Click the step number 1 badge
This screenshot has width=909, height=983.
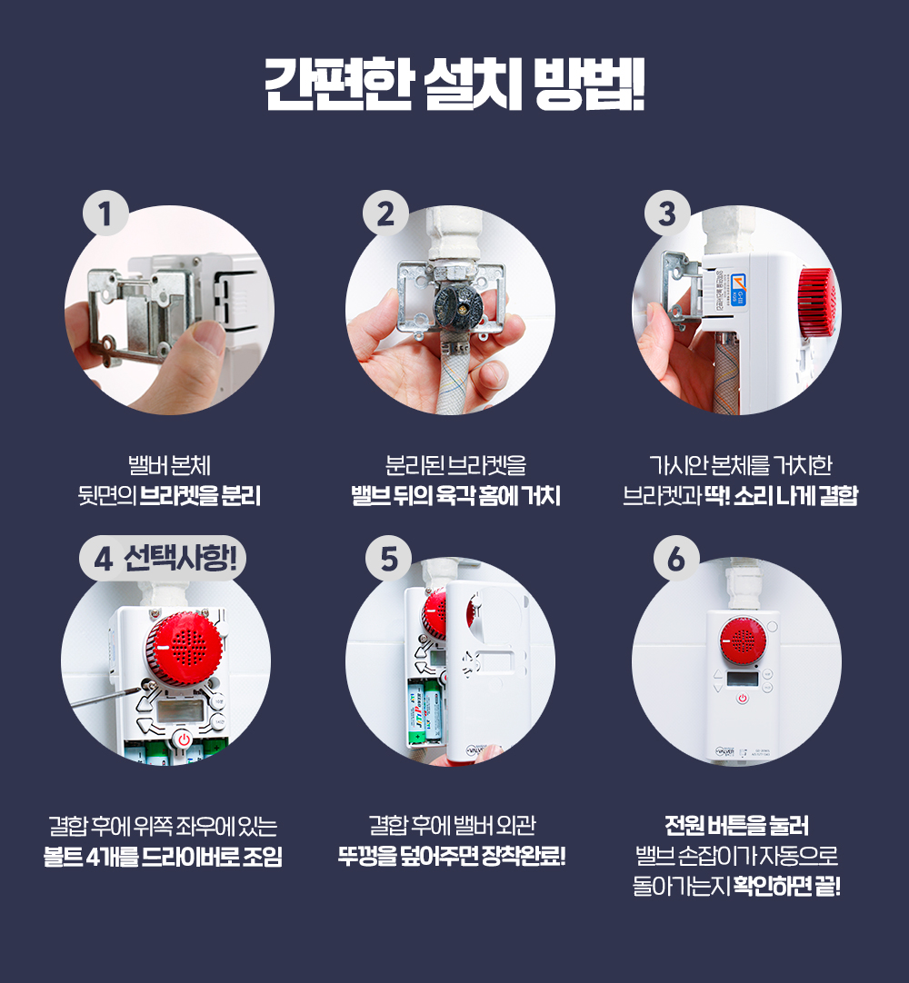[x=105, y=213]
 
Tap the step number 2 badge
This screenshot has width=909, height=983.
[x=385, y=213]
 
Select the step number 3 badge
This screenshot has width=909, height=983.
[x=667, y=213]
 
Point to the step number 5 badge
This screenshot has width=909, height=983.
[x=389, y=558]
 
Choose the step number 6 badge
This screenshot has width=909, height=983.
[x=676, y=558]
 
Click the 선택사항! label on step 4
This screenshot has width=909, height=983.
[x=180, y=557]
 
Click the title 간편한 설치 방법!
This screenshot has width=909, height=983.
[x=454, y=84]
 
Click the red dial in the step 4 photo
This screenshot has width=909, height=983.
[x=184, y=650]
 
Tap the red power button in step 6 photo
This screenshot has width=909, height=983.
[x=743, y=698]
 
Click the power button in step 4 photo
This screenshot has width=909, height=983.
[x=184, y=740]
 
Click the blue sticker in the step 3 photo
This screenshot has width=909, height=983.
[x=739, y=290]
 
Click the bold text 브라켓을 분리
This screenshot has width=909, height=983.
[x=199, y=496]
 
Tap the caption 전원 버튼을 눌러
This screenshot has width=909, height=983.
[x=736, y=826]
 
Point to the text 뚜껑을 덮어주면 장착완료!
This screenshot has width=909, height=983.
[x=452, y=856]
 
